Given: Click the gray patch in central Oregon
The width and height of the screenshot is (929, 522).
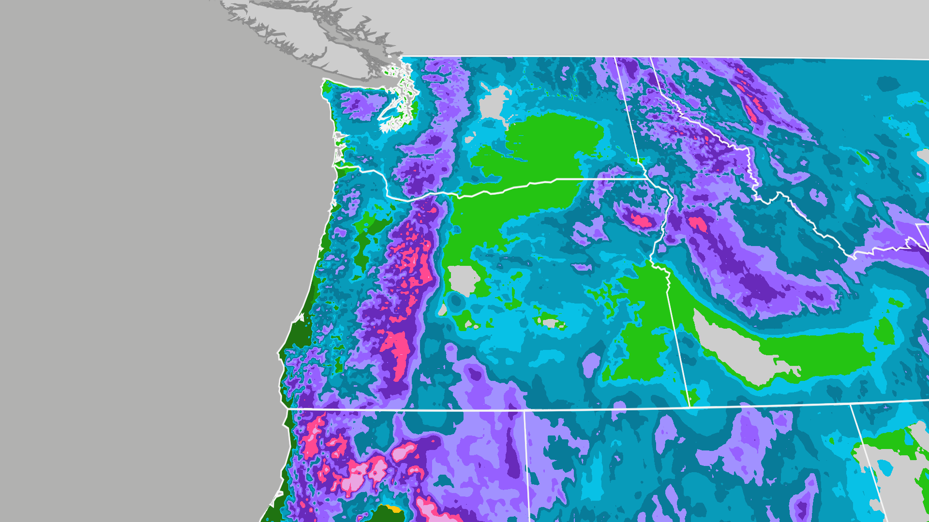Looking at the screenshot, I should [x=463, y=280].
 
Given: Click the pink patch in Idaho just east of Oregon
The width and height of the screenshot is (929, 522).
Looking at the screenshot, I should [x=697, y=223].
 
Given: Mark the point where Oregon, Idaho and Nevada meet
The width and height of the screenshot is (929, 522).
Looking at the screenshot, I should [x=689, y=407].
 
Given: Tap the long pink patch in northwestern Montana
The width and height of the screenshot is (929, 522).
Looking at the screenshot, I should [x=750, y=104].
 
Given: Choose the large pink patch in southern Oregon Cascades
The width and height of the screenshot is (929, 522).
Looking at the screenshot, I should [x=397, y=348].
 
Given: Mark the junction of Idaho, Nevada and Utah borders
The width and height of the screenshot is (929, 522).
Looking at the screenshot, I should [x=852, y=405].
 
